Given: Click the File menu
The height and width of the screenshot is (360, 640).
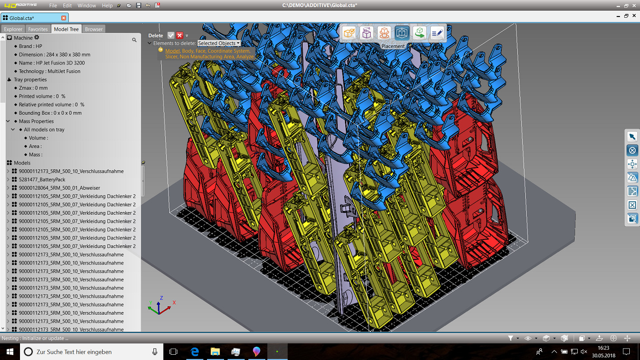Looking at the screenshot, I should coord(53,5).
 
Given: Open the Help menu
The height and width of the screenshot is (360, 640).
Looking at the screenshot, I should coord(107,5).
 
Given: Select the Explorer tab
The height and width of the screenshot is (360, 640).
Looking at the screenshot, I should coord(13,29).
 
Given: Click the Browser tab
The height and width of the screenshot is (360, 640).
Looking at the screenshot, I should coord(94,29).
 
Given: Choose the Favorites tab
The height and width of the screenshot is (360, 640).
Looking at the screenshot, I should coord(38,29).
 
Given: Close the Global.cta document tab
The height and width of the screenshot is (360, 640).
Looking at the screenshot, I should coord(64,18).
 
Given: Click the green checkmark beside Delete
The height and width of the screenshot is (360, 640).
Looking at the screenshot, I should coord(171,36).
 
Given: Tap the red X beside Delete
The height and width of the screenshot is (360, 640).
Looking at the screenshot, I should coord(180,36).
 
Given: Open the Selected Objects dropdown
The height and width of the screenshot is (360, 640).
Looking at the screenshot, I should coord(219,43).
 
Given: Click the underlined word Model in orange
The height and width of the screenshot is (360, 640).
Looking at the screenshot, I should coord(172,51).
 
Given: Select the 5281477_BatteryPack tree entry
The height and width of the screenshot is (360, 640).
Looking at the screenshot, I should coord(42,180).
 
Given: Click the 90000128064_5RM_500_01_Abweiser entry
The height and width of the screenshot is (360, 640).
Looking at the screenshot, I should coord(59,188).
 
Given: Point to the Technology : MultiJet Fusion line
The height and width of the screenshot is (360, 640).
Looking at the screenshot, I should coord(49,71).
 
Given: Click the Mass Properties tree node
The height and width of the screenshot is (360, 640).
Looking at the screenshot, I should coord(36,121).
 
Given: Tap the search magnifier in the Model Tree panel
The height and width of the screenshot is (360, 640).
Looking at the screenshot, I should coord(134,40).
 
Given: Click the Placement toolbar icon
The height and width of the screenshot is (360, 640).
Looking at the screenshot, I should coord(402,33).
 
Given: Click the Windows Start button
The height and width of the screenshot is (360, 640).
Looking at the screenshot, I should coord(10,352).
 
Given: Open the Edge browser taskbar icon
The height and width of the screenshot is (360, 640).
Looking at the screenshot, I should coord(195,352).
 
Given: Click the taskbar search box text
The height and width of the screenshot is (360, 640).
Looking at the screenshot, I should coord(74,352).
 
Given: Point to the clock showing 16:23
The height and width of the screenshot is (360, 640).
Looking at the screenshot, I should coord(603,348).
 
